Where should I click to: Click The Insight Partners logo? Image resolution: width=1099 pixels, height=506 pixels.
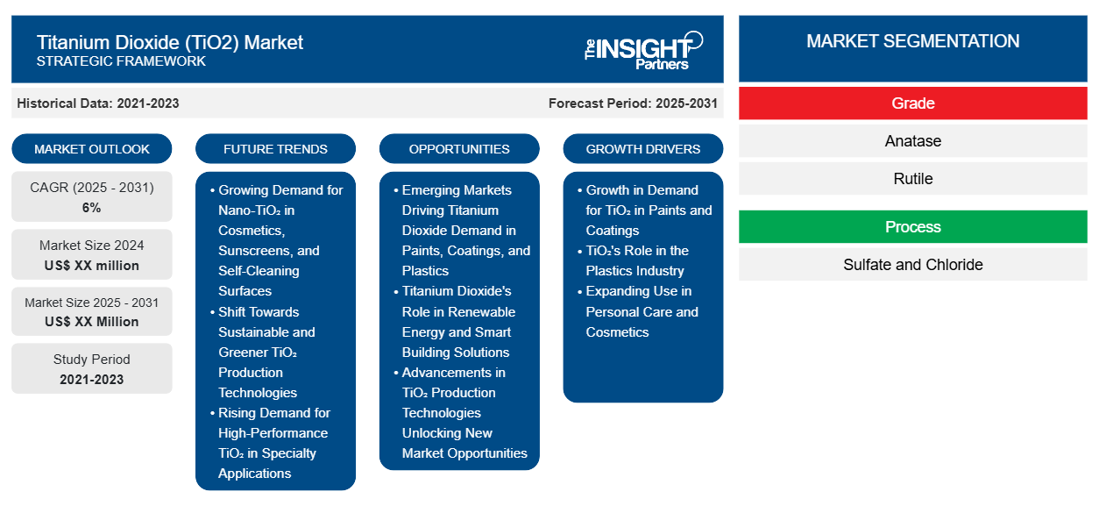click(643, 50)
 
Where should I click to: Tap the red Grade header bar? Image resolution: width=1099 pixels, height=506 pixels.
click(912, 103)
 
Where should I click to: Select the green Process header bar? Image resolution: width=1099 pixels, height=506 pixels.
click(912, 227)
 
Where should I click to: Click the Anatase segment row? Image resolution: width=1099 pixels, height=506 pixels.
click(912, 141)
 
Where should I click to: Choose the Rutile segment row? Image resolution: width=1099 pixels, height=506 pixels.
click(912, 179)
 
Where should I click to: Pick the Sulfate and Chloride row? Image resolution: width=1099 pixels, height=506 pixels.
click(912, 265)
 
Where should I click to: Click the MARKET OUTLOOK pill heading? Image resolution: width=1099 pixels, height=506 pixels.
click(92, 149)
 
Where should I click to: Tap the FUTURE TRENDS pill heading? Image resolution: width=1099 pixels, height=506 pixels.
click(275, 149)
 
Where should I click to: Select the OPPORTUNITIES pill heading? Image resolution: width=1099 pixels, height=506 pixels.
click(459, 149)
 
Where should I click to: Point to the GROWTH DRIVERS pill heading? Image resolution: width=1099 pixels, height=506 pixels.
click(642, 149)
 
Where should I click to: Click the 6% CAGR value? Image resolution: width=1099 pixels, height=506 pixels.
click(91, 208)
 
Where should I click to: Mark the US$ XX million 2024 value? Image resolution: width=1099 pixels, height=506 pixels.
click(92, 266)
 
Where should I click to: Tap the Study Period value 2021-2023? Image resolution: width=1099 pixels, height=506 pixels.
click(92, 380)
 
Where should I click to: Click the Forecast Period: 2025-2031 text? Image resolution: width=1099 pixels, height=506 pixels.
click(633, 103)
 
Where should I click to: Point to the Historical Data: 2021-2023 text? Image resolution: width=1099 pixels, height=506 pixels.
click(98, 103)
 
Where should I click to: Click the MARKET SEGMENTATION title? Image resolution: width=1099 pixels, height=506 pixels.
click(912, 41)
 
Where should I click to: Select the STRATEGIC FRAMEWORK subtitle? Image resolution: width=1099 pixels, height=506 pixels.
click(121, 61)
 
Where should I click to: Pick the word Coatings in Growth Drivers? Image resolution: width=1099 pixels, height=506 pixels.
click(613, 231)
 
